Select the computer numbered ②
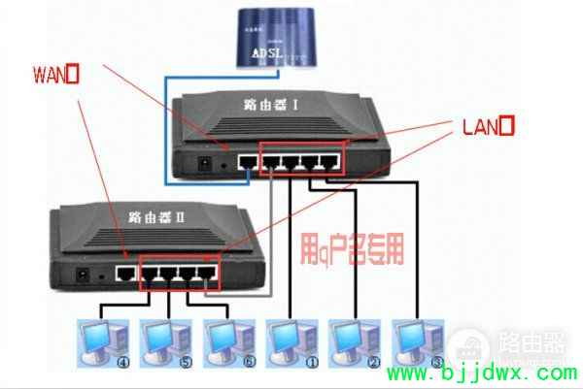353,342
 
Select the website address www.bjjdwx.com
487,373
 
